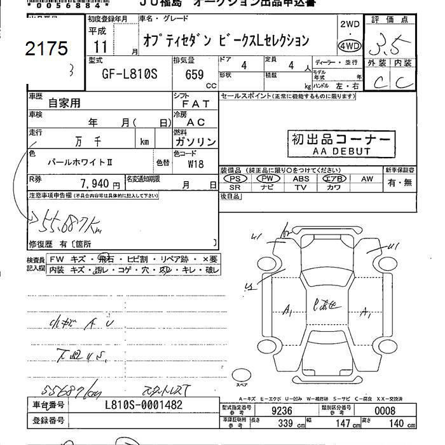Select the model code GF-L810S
tap(130, 73)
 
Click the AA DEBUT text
tap(341, 152)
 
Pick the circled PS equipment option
tap(235, 179)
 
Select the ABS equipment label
tap(301, 179)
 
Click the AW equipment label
tap(367, 179)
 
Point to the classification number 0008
tap(384, 411)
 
